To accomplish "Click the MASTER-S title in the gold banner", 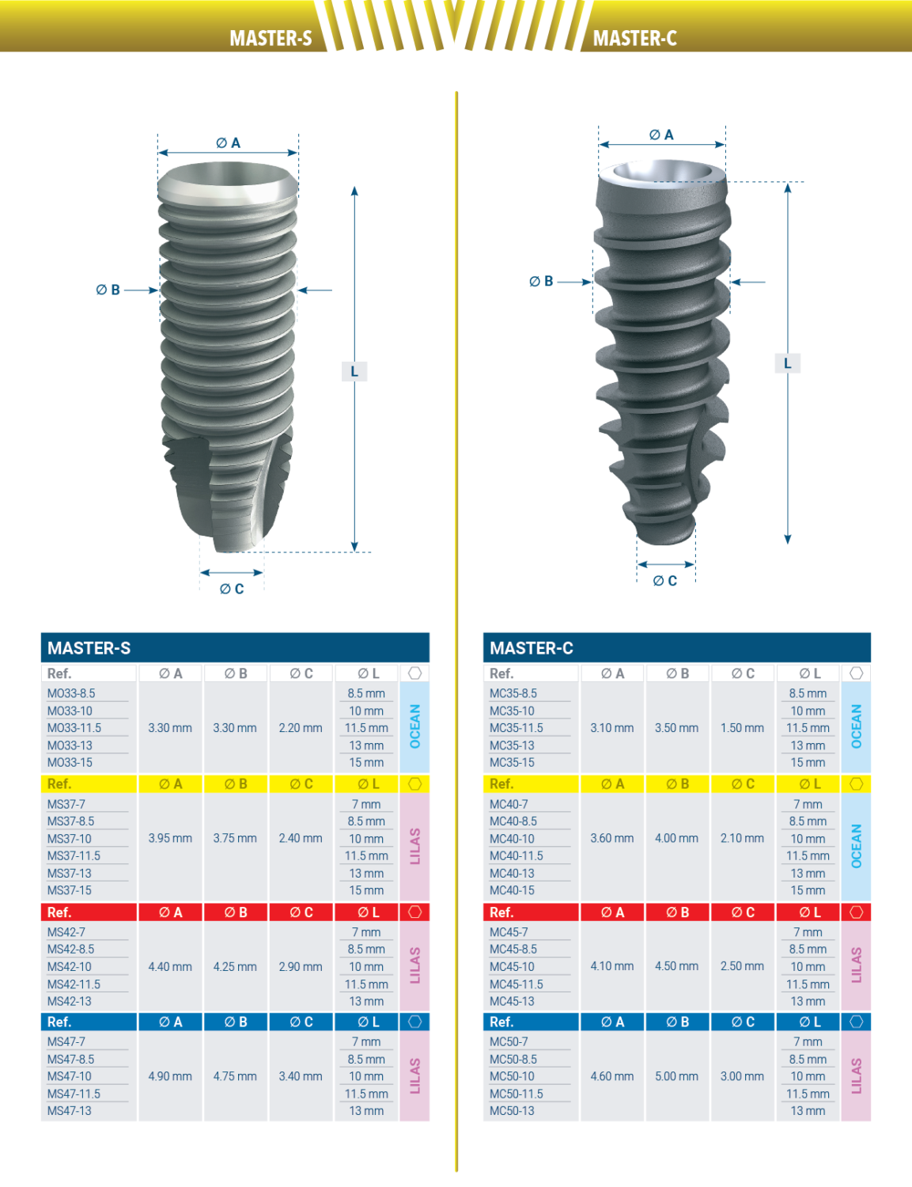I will pyautogui.click(x=271, y=38).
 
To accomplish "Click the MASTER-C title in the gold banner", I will pyautogui.click(x=634, y=38).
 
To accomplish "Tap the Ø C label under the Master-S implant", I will pyautogui.click(x=232, y=589).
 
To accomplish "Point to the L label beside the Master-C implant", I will pyautogui.click(x=787, y=363).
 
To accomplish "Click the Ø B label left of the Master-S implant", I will pyautogui.click(x=108, y=290).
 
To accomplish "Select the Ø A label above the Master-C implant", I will pyautogui.click(x=661, y=135).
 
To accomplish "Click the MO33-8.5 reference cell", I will pyautogui.click(x=71, y=693).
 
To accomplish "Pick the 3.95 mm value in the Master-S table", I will pyautogui.click(x=170, y=838).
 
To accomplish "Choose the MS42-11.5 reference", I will pyautogui.click(x=74, y=984).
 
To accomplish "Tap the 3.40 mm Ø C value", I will pyautogui.click(x=301, y=1076).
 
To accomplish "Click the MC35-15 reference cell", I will pyautogui.click(x=512, y=762).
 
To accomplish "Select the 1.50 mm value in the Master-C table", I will pyautogui.click(x=742, y=727).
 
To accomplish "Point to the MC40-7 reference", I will pyautogui.click(x=509, y=804).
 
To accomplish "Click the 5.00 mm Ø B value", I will pyautogui.click(x=676, y=1076).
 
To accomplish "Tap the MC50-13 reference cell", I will pyautogui.click(x=512, y=1110).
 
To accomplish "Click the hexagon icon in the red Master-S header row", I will pyautogui.click(x=414, y=912).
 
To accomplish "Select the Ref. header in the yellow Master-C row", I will pyautogui.click(x=501, y=783).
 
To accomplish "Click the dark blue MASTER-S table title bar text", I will pyautogui.click(x=89, y=648).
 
